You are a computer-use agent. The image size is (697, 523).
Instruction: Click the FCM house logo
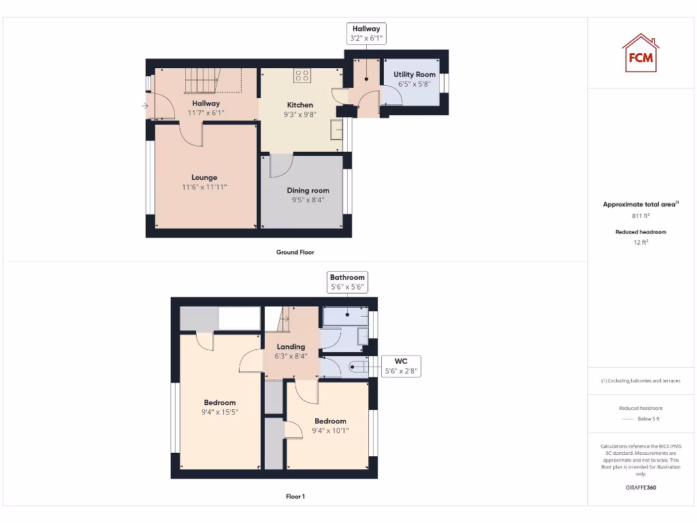tap(641, 53)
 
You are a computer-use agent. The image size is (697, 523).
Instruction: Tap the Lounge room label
tap(204, 177)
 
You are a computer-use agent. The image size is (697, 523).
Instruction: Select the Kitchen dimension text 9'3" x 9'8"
tap(300, 114)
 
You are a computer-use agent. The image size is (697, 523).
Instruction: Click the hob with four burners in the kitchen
tap(302, 75)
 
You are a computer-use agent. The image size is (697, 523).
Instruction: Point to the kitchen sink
tap(336, 129)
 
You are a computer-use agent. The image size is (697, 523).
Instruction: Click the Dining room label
tap(308, 191)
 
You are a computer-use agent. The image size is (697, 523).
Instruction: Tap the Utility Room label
tap(415, 75)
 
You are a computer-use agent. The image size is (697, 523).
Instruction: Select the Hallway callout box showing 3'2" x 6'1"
tap(366, 34)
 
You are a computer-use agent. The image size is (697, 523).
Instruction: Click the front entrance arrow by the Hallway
tap(145, 106)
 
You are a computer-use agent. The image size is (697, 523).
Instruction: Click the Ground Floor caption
tap(295, 252)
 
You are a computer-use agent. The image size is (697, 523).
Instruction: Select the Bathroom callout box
tap(347, 282)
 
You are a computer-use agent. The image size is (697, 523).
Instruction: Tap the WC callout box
tap(400, 366)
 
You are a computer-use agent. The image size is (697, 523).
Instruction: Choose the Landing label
tap(290, 347)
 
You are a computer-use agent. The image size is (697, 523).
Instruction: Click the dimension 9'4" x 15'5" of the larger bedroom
tap(219, 412)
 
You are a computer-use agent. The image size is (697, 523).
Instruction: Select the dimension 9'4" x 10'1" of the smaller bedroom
tap(330, 430)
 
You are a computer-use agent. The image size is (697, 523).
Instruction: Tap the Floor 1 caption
tap(295, 496)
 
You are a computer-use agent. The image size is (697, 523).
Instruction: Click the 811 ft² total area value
tap(640, 216)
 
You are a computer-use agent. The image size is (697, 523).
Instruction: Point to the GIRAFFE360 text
tap(640, 488)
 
